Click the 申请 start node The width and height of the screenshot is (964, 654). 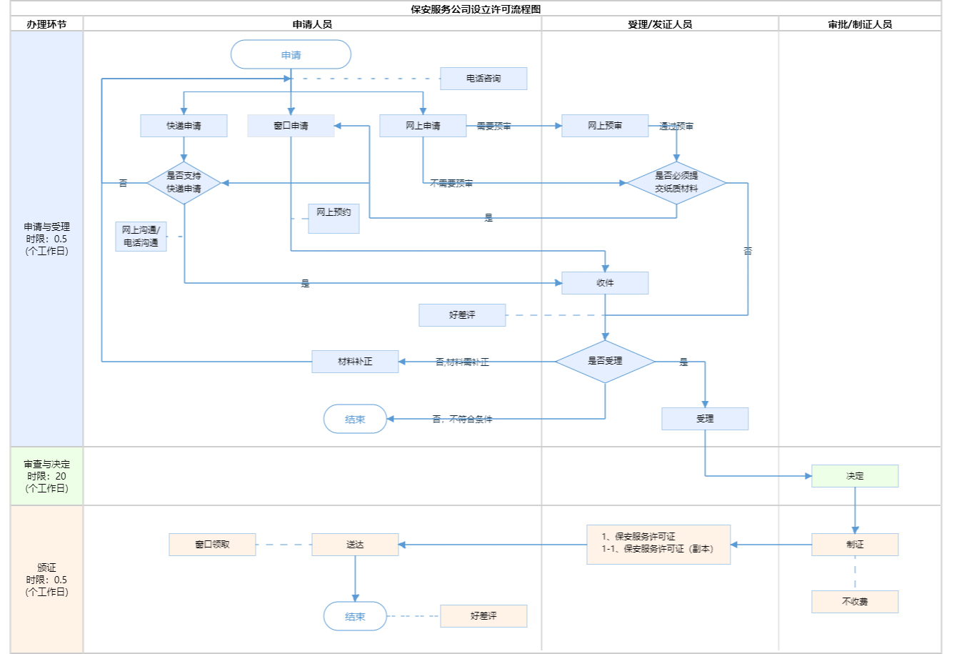pyautogui.click(x=291, y=55)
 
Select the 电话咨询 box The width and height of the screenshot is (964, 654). pyautogui.click(x=483, y=79)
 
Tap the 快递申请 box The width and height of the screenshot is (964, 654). pyautogui.click(x=184, y=126)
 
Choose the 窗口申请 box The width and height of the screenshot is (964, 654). pyautogui.click(x=291, y=126)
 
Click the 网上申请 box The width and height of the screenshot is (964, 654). pyautogui.click(x=423, y=126)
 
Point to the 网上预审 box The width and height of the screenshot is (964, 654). pyautogui.click(x=605, y=126)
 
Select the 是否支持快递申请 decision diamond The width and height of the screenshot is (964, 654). pyautogui.click(x=184, y=183)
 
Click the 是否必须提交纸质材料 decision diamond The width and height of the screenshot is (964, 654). pyautogui.click(x=676, y=183)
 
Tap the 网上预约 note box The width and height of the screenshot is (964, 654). pyautogui.click(x=333, y=218)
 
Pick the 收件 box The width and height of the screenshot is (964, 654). pyautogui.click(x=605, y=283)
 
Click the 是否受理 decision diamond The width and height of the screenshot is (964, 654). pyautogui.click(x=605, y=362)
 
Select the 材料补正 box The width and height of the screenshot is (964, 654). pyautogui.click(x=355, y=362)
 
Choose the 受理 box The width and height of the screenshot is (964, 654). pyautogui.click(x=705, y=419)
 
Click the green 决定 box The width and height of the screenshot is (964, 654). pyautogui.click(x=855, y=476)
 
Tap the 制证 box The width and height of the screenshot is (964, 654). pyautogui.click(x=855, y=545)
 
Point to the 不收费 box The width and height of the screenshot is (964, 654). pyautogui.click(x=855, y=602)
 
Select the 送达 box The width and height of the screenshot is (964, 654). pyautogui.click(x=355, y=545)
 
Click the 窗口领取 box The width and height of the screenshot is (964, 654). pyautogui.click(x=212, y=545)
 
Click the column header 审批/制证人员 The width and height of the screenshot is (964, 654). pyautogui.click(x=860, y=24)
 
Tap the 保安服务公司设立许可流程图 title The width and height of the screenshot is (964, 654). pyautogui.click(x=476, y=9)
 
